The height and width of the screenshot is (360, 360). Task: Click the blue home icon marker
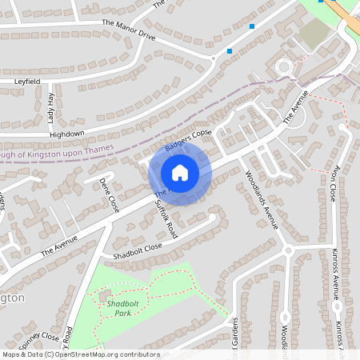[x=180, y=173]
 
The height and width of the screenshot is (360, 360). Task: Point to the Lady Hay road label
[x=50, y=107]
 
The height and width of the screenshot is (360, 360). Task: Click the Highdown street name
[x=66, y=134]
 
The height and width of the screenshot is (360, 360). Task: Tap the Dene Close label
[x=109, y=194]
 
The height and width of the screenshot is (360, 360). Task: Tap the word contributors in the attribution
[x=137, y=354]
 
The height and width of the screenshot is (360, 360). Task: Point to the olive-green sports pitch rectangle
[x=314, y=32]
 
